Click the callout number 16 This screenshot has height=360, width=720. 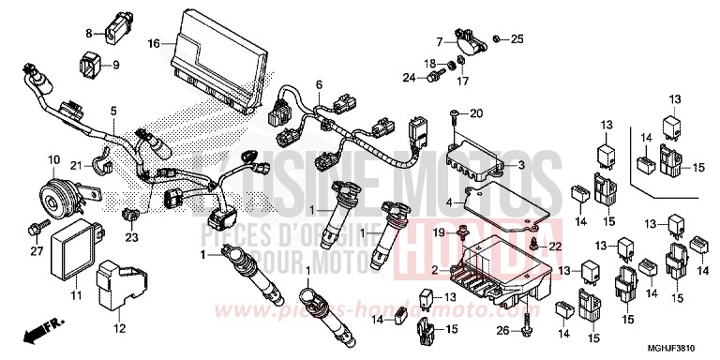tap(155, 42)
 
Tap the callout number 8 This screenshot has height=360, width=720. tap(90, 33)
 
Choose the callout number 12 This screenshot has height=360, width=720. tap(119, 327)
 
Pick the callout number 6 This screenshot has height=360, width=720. tap(319, 85)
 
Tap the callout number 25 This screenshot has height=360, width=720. tap(517, 38)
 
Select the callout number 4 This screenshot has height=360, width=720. tap(449, 202)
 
